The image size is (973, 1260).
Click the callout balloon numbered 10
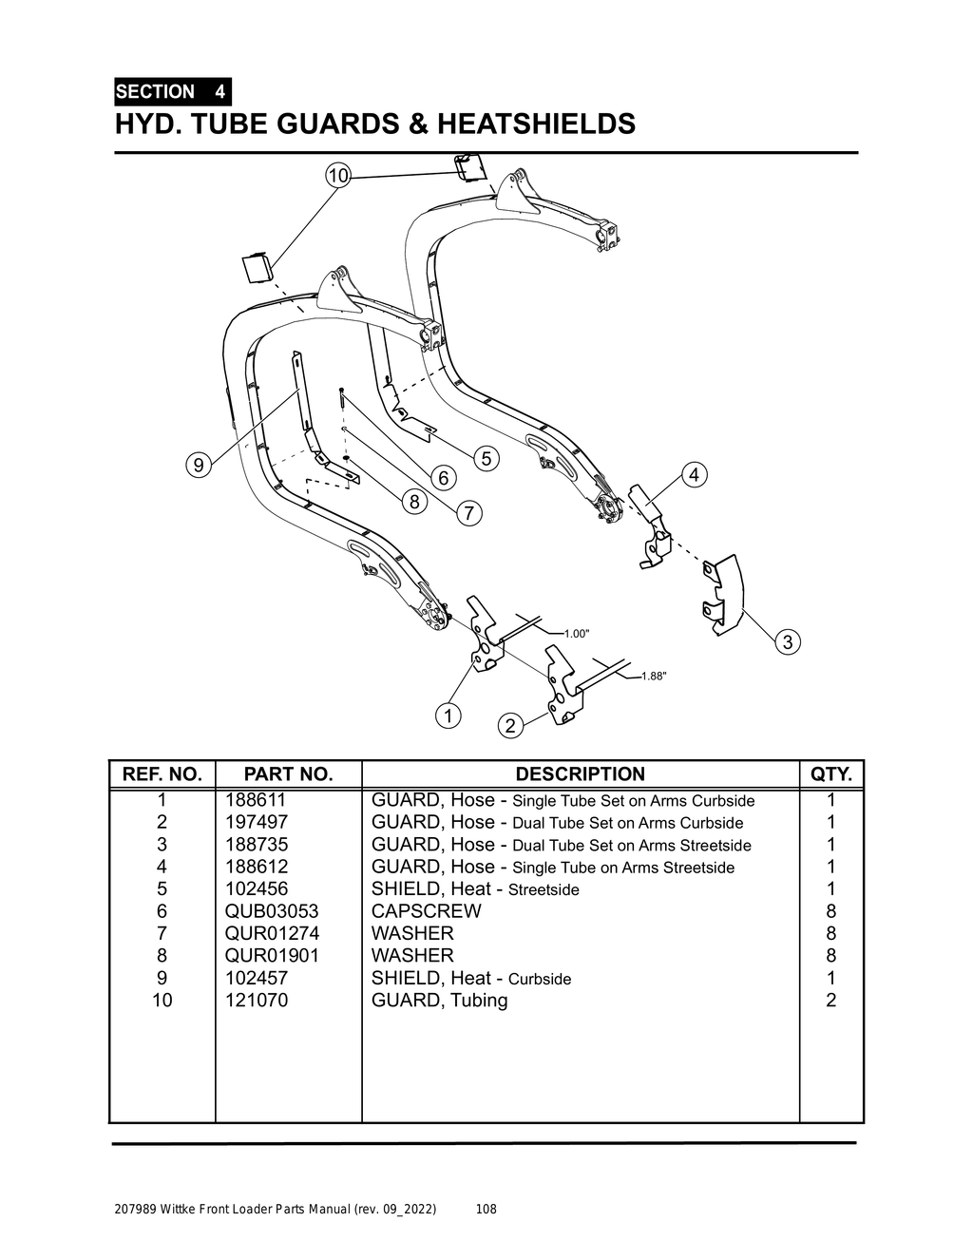pyautogui.click(x=337, y=176)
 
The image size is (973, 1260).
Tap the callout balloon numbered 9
pyautogui.click(x=198, y=465)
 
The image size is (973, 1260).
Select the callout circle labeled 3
pyautogui.click(x=787, y=642)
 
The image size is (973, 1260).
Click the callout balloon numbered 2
pyautogui.click(x=510, y=727)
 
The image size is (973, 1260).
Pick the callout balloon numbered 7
pyautogui.click(x=469, y=514)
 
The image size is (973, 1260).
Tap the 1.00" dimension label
pyautogui.click(x=577, y=633)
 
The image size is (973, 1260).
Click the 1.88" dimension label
pyautogui.click(x=654, y=677)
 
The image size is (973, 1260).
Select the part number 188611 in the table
pyautogui.click(x=256, y=800)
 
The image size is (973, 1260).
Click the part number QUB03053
pyautogui.click(x=272, y=911)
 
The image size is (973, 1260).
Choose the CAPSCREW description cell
pyautogui.click(x=426, y=911)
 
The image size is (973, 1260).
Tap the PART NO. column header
pyautogui.click(x=288, y=774)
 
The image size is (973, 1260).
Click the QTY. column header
pyautogui.click(x=831, y=774)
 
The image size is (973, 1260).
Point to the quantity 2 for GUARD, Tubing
pyautogui.click(x=831, y=1001)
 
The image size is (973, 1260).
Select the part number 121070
pyautogui.click(x=256, y=1001)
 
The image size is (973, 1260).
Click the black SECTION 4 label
pyautogui.click(x=172, y=92)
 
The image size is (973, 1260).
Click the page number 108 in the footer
pyautogui.click(x=486, y=1210)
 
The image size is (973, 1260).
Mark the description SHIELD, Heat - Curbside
pyautogui.click(x=471, y=979)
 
